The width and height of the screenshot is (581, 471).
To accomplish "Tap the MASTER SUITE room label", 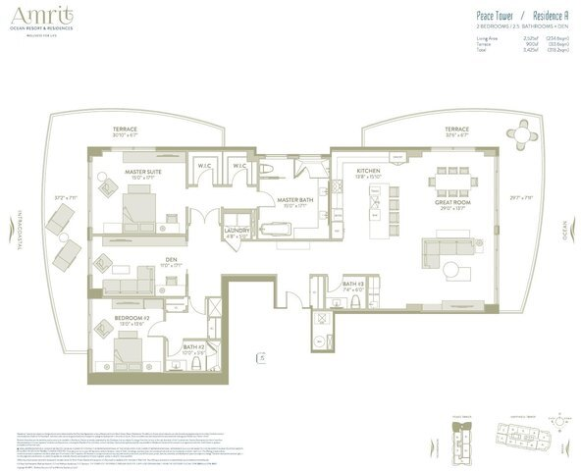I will click(x=143, y=172).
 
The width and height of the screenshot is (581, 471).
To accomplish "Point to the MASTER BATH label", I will click(x=292, y=199).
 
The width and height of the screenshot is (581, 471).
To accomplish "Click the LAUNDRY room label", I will click(x=238, y=231).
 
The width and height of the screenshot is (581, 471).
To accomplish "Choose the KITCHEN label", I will click(x=368, y=171).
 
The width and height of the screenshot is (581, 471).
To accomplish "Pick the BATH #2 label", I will click(x=192, y=346).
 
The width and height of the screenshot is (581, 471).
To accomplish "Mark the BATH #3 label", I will click(x=353, y=286).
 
